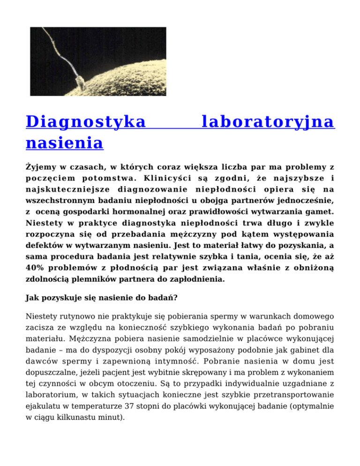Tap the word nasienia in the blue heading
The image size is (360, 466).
pyautogui.click(x=64, y=142)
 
